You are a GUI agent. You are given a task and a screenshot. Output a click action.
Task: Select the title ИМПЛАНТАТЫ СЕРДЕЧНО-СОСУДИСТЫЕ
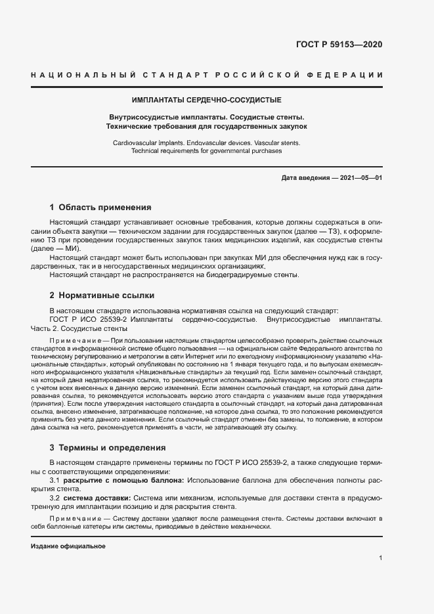pyautogui.click(x=206, y=101)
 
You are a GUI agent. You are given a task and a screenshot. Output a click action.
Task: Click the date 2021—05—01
pyautogui.click(x=360, y=178)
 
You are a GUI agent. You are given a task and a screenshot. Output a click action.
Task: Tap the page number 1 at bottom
pyautogui.click(x=380, y=558)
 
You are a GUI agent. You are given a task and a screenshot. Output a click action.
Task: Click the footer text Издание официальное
pyautogui.click(x=68, y=546)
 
